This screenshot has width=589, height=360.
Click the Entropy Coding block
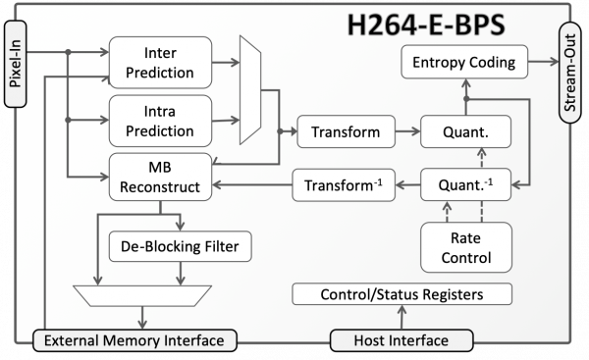coord(464,64)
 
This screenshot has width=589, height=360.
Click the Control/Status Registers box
coord(402,293)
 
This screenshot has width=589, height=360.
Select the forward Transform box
coord(338,130)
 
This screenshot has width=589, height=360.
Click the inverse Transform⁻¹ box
coord(338,183)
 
